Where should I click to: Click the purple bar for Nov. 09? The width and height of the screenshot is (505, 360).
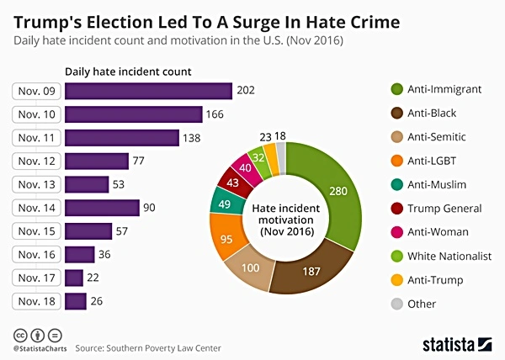[x=148, y=91]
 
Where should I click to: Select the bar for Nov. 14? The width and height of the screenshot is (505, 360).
[x=101, y=207]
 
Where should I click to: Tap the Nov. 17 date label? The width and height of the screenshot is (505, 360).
[x=37, y=278]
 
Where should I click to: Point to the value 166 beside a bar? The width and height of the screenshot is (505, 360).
[x=217, y=114]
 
